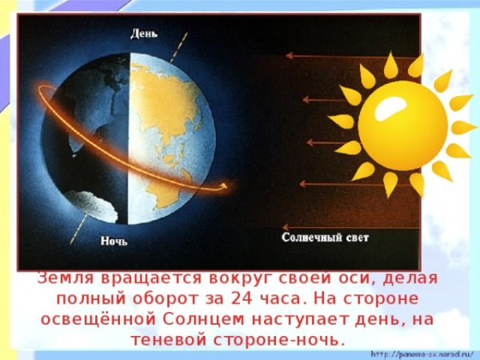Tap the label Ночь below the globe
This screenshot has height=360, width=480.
point(114,239)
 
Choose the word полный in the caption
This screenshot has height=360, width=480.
point(84,299)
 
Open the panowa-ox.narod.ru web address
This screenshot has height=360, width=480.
point(422,353)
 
